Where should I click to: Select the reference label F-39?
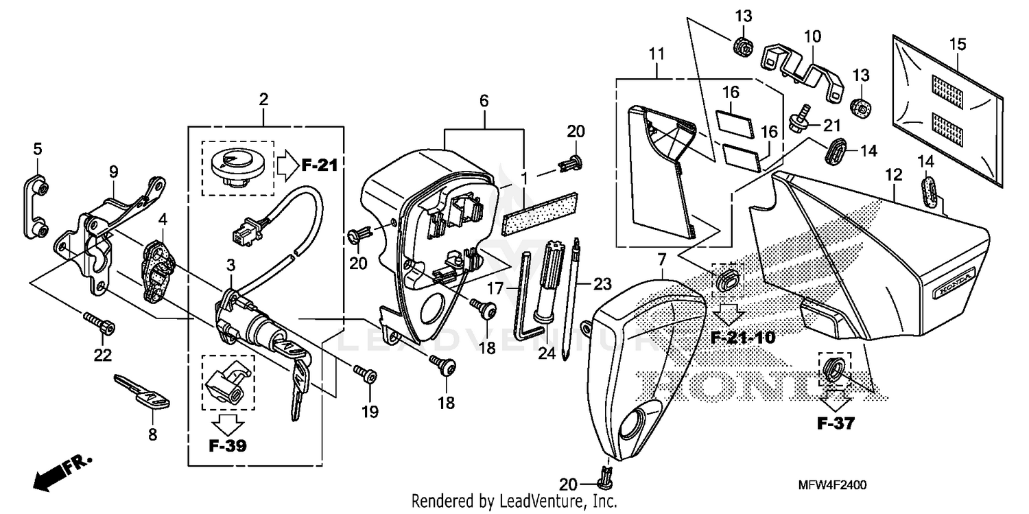227,445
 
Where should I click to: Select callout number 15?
957,45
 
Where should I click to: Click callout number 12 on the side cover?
892,176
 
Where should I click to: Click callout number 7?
661,260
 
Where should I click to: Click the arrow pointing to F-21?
286,165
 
